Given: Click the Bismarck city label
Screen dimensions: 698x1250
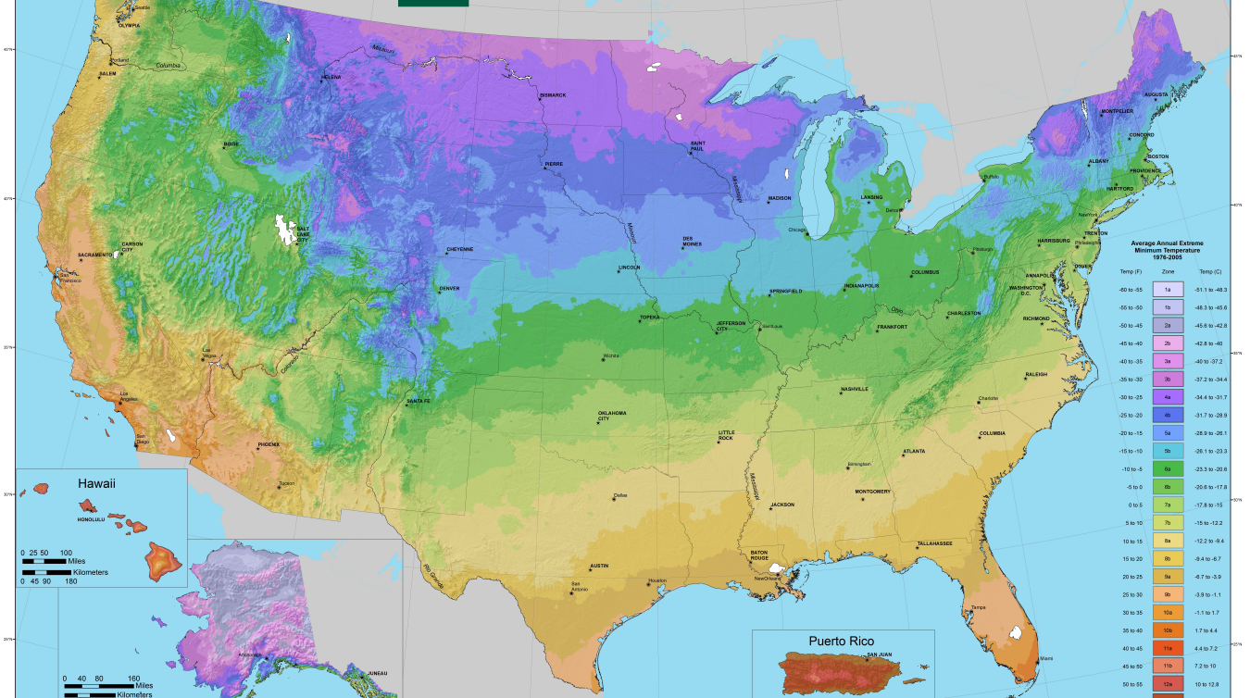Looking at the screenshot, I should pos(553,95).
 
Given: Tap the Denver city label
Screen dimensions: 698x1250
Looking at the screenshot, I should pos(449,288).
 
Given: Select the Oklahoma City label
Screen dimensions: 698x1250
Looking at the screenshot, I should pos(611,415).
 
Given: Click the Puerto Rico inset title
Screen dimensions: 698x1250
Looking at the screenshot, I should pos(841,641).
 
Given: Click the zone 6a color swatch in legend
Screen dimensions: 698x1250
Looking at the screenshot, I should pos(1167,469).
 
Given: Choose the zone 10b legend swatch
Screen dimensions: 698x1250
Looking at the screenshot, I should pos(1167,629).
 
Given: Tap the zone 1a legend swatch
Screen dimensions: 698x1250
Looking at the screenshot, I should pos(1167,290).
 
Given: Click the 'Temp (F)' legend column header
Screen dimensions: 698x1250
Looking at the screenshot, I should pos(1130,272).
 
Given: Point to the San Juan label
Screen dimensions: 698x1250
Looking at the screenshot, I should pos(879,655).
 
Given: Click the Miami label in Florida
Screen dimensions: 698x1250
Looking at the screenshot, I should pos(1045,658).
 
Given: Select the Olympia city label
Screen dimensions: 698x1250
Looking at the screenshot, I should pos(129,25).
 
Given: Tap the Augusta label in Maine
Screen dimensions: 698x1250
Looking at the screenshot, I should pos(1156,94).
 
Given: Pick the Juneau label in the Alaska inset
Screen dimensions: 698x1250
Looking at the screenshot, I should pos(377,673).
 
